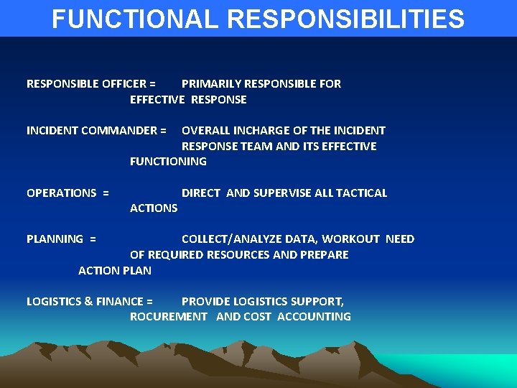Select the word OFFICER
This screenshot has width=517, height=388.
[x=123, y=84]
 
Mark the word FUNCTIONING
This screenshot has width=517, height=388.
[x=168, y=162]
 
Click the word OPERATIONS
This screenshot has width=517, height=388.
[x=61, y=193]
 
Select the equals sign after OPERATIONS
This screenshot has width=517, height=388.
[x=106, y=193]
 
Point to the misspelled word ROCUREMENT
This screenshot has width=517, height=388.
[x=169, y=317]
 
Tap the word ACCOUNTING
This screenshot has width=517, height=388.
[x=314, y=317]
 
